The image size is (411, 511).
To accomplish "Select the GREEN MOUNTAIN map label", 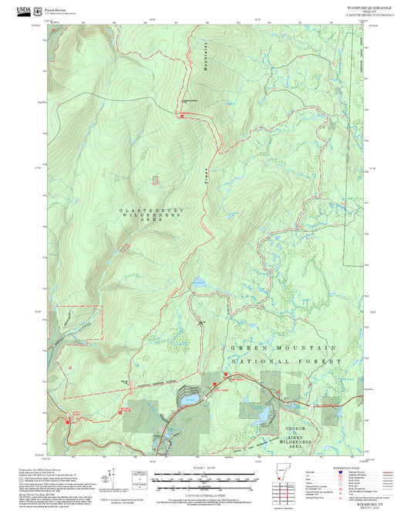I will pyautogui.click(x=285, y=349).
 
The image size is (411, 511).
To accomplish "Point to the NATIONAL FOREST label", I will pyautogui.click(x=286, y=361).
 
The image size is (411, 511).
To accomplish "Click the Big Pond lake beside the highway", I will pyautogui.click(x=190, y=400).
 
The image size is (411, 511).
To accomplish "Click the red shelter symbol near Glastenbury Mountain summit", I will pyautogui.click(x=182, y=117).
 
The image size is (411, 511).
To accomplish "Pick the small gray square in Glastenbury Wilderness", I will pyautogui.click(x=155, y=180).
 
